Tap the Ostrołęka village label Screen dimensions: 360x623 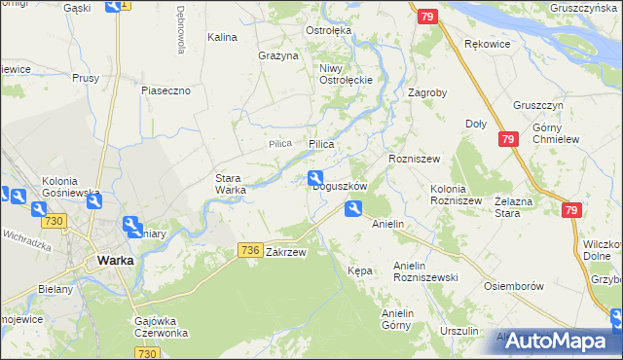tap(328, 31)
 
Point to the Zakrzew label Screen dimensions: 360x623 tap(286, 252)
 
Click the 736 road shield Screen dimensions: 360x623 tap(249, 251)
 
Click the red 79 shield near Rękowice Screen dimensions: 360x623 tap(426, 17)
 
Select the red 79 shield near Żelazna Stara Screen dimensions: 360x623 tap(572, 210)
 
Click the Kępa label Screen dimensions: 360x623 tap(359, 270)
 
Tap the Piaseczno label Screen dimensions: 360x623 tap(171, 90)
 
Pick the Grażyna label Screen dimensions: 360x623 tap(277, 55)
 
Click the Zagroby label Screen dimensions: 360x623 tap(427, 94)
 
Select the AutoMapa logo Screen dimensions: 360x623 tap(559, 342)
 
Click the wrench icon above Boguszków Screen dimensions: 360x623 tap(316, 177)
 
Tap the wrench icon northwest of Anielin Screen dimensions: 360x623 tap(353, 206)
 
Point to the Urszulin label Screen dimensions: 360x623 tap(459, 331)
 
